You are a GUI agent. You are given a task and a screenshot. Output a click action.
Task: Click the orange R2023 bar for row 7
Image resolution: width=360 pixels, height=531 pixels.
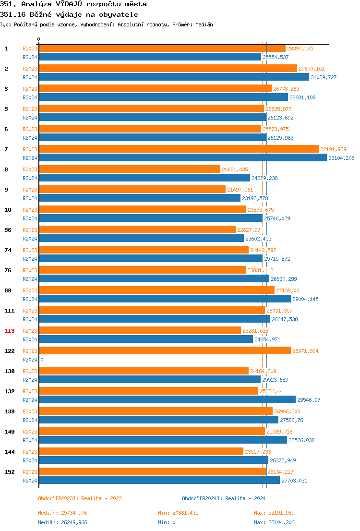click(179, 149)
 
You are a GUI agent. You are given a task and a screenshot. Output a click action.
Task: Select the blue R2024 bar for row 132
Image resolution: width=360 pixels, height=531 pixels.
click(167, 399)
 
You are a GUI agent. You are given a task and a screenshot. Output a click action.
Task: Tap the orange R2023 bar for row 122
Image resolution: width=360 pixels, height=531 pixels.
click(165, 350)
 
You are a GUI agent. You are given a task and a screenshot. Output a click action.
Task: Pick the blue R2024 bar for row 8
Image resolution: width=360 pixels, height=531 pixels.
click(144, 178)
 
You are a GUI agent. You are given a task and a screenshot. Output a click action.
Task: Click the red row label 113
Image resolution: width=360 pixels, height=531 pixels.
click(10, 331)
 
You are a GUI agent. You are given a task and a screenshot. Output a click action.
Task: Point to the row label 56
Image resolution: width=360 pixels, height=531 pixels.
click(8, 230)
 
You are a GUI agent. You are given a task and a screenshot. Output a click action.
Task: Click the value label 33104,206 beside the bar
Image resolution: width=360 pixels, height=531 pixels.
click(341, 158)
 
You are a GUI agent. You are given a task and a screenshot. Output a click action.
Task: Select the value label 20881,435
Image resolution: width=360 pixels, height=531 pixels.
click(235, 169)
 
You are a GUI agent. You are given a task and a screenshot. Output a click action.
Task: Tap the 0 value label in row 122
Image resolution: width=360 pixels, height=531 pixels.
click(42, 360)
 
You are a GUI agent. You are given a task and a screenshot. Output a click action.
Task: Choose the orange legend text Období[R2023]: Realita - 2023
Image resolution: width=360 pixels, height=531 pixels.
click(80, 498)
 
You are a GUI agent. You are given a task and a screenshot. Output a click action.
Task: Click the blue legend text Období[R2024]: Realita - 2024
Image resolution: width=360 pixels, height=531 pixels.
click(224, 498)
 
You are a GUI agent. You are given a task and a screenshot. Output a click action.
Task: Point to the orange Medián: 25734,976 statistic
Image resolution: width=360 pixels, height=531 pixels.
click(62, 513)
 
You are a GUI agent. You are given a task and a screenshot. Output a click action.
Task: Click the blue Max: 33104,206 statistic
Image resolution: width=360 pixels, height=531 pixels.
click(274, 522)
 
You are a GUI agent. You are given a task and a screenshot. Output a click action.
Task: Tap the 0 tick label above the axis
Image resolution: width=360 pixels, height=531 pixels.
click(39, 39)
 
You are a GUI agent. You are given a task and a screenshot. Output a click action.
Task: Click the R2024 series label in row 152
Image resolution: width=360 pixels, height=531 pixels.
click(30, 481)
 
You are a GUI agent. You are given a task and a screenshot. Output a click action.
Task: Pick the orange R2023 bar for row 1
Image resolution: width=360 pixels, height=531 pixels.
click(162, 48)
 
